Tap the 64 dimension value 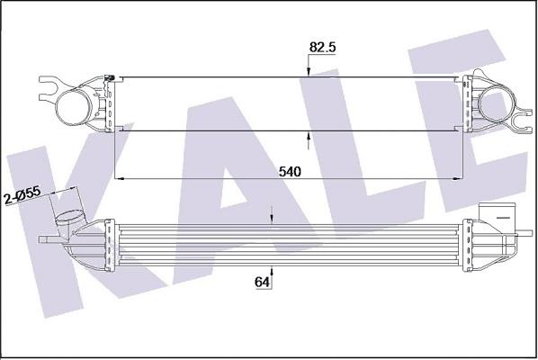(x=263, y=283)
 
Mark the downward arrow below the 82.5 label (x=309, y=71)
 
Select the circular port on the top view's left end (x=75, y=106)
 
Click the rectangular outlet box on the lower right (x=497, y=215)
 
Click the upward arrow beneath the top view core (x=309, y=139)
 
